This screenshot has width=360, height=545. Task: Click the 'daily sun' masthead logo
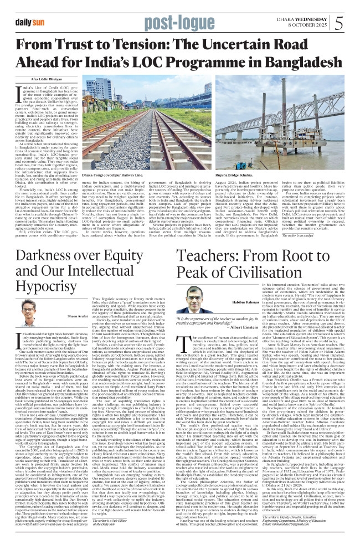pos(30,22)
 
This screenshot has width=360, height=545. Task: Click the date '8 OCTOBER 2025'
pos(307,25)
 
